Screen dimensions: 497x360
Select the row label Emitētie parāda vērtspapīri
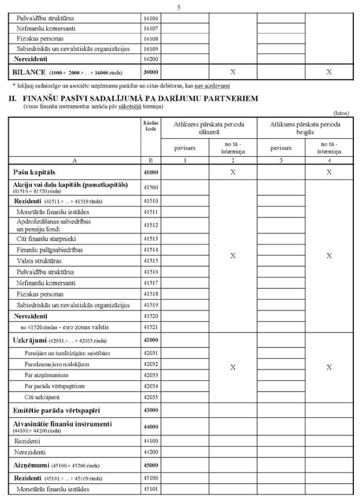tap(52, 411)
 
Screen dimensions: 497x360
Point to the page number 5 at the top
tap(179, 7)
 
